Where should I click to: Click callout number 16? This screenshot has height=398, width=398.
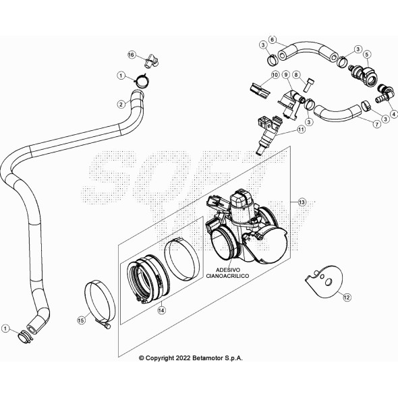coord(132,55)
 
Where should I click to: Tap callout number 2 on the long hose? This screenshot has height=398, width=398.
coord(121,104)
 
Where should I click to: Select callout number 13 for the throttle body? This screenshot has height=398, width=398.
coord(302,202)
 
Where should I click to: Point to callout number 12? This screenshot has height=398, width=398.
coord(347,297)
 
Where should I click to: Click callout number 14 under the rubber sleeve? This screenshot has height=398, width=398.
coord(161,310)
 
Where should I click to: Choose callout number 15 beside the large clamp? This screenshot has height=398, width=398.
coord(81,320)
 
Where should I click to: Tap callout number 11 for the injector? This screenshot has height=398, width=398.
coord(301,130)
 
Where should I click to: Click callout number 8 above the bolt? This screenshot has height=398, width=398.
coord(296,75)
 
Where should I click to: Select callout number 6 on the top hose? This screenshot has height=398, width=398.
coord(273,40)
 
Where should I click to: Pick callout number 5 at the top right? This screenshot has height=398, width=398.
coord(367,55)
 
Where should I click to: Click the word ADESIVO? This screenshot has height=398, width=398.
coord(228,270)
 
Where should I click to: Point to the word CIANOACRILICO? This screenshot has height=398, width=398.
coord(227,276)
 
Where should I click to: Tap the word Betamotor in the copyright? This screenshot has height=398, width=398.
coord(207,358)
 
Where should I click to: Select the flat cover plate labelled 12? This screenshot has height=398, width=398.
coord(324,281)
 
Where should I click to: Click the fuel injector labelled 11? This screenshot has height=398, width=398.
coord(268,134)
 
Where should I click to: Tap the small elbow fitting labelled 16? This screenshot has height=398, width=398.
coord(152,61)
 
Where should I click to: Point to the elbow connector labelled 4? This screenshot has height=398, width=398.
coord(385,94)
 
